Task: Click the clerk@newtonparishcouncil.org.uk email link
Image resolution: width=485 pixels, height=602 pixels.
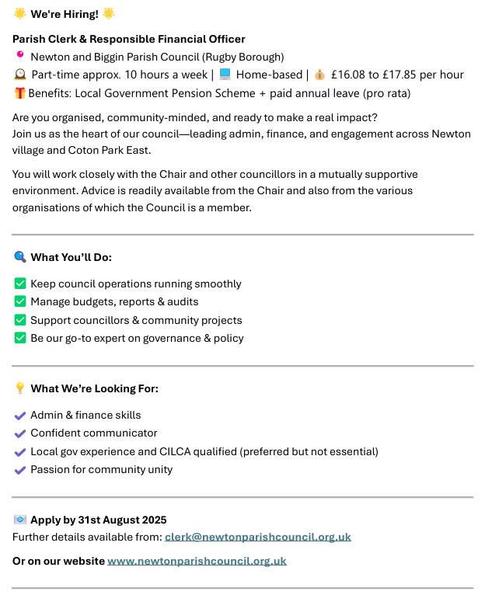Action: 257,537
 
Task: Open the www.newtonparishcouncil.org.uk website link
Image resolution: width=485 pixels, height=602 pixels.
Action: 197,561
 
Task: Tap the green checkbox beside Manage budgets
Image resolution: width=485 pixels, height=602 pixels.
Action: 20,301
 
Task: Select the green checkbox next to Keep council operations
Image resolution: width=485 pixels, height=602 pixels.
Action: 20,284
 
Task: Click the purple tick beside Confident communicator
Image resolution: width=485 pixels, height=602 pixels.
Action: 20,433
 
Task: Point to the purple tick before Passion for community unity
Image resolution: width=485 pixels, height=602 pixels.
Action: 20,470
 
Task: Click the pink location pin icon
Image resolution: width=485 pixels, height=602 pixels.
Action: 20,56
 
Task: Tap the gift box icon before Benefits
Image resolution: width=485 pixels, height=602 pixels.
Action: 20,93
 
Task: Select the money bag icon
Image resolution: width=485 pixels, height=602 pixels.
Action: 319,75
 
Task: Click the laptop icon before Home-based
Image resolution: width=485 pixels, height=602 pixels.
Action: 225,75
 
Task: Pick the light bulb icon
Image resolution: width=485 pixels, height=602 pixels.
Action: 20,388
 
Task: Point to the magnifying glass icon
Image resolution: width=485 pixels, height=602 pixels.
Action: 20,257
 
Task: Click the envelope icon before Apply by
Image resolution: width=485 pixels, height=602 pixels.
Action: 20,520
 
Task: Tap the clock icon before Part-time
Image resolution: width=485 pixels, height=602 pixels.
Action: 20,75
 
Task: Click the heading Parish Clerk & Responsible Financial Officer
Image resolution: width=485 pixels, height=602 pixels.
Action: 129,39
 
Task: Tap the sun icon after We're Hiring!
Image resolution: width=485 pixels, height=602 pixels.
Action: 108,14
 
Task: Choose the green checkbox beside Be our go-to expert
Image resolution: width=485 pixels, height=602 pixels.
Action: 20,338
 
